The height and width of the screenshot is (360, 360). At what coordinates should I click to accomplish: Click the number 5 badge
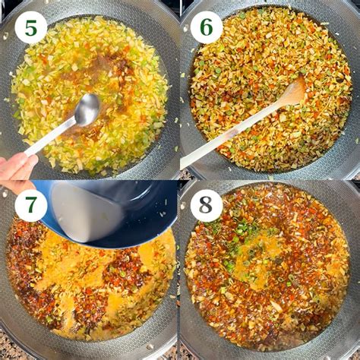tap(30, 27)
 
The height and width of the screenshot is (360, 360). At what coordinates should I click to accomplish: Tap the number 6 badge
tap(206, 27)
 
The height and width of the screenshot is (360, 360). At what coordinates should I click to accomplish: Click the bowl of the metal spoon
tap(87, 111)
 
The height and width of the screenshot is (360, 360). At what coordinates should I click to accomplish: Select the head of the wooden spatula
tap(292, 92)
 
